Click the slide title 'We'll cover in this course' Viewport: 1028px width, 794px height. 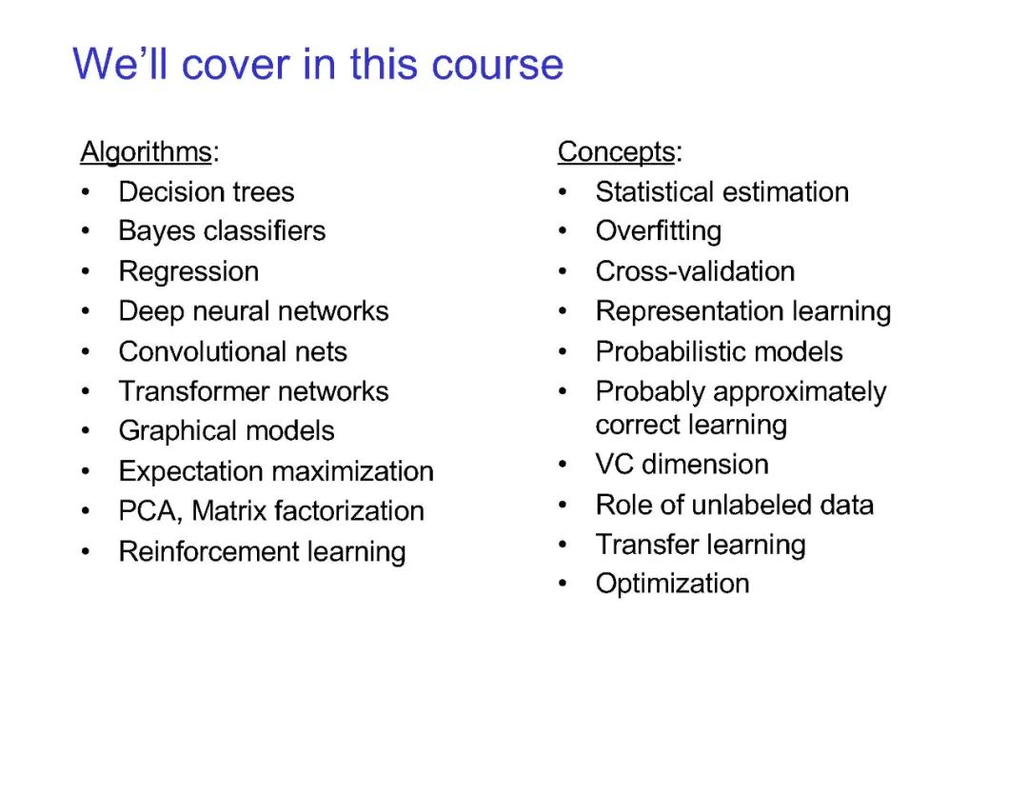click(318, 64)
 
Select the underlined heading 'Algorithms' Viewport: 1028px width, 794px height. click(146, 152)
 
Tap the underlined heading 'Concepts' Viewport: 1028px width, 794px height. click(616, 152)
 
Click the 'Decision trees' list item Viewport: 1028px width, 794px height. click(206, 192)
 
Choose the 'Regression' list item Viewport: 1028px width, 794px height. click(188, 272)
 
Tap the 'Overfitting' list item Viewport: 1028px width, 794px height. click(659, 231)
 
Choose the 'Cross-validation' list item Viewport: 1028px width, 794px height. click(695, 271)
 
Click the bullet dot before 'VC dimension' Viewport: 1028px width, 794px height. click(563, 465)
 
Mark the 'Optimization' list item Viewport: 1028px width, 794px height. click(672, 584)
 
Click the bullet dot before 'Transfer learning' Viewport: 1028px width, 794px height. click(563, 545)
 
